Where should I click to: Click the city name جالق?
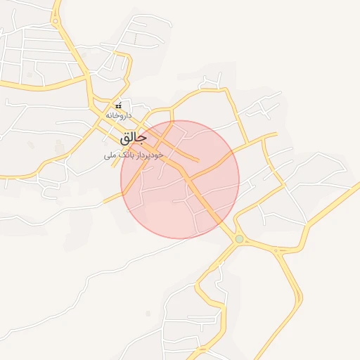click(x=133, y=136)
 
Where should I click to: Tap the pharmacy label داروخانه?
click(x=119, y=114)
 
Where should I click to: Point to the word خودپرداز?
click(x=150, y=154)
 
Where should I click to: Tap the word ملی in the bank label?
click(x=110, y=154)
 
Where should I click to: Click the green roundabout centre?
click(x=239, y=239)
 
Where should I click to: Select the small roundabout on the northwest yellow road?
click(x=56, y=21)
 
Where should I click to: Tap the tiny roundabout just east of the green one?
click(x=276, y=250)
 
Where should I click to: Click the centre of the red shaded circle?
click(x=180, y=179)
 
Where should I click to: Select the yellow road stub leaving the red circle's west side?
click(x=112, y=198)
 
